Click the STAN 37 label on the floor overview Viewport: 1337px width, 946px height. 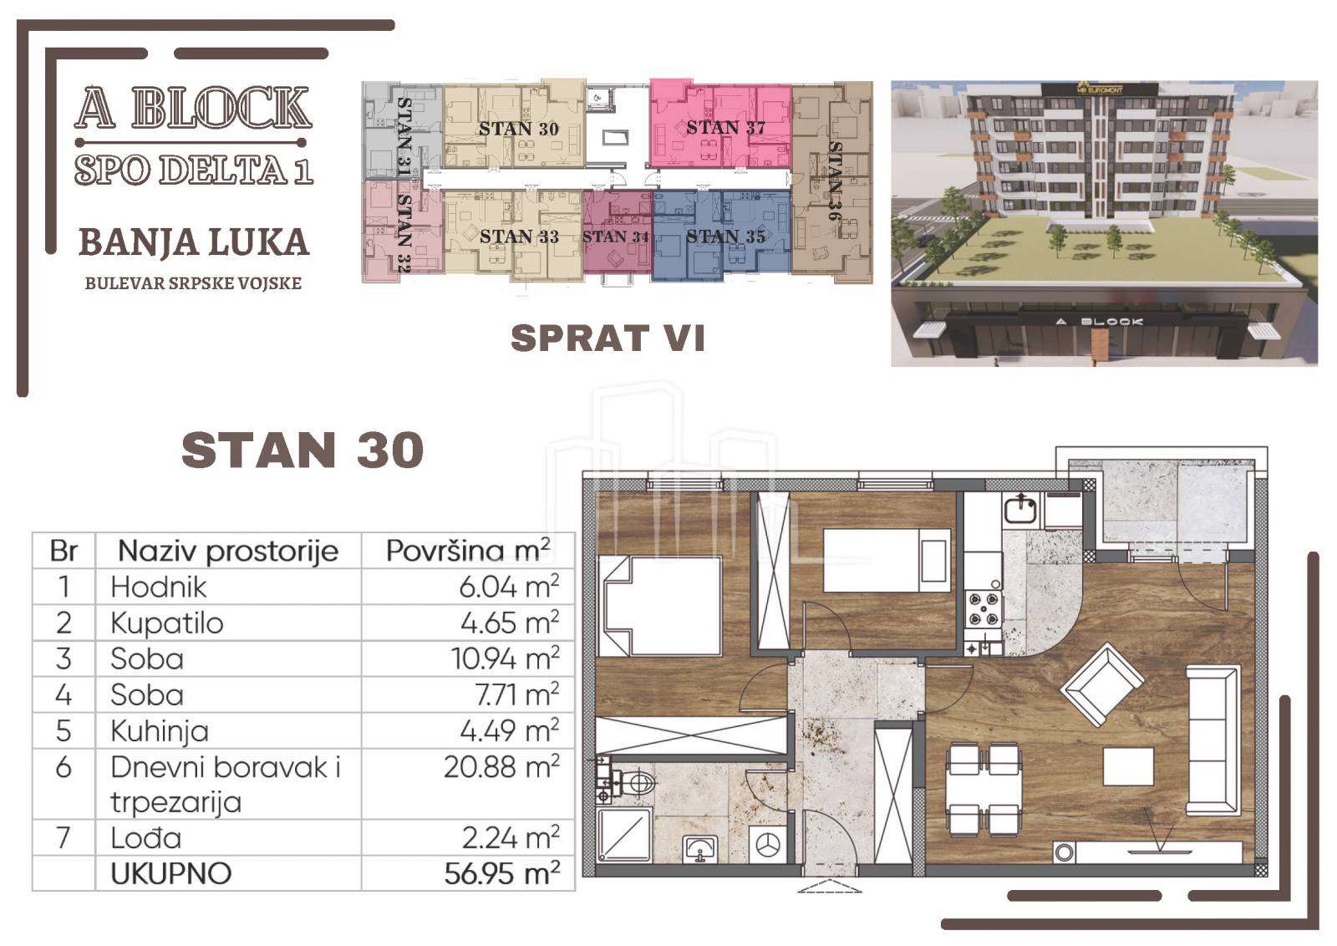(x=725, y=127)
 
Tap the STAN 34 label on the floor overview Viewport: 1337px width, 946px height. (x=615, y=237)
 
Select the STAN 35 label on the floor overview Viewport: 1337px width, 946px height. (x=725, y=237)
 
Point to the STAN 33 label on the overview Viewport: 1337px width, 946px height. (x=519, y=237)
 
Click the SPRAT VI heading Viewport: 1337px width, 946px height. (x=607, y=338)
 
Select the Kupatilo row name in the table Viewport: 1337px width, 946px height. (x=167, y=623)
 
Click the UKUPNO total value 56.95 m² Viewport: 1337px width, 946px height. (x=501, y=874)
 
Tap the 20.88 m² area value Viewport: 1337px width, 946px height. (x=501, y=767)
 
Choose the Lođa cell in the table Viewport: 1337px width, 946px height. (x=146, y=838)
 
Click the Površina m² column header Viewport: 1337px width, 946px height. (x=468, y=550)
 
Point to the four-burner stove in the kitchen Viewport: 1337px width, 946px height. (x=983, y=608)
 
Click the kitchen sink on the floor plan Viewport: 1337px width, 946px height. (x=1021, y=510)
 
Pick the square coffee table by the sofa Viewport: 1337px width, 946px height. (x=1128, y=766)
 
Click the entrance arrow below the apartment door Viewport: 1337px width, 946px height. (x=830, y=886)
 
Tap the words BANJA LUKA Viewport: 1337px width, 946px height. (x=194, y=242)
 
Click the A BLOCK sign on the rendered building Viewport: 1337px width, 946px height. (x=1100, y=322)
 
